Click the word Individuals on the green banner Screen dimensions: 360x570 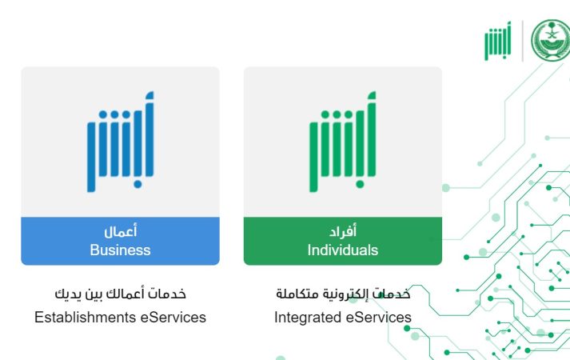pos(342,250)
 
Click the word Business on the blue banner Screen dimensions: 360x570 pos(120,250)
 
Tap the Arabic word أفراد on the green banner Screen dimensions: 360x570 pos(342,233)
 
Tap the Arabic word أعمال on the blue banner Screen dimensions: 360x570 pos(120,233)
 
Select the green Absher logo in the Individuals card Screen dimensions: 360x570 pos(342,142)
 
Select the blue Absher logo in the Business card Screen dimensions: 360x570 pos(120,142)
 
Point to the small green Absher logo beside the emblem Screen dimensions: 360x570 pos(497,42)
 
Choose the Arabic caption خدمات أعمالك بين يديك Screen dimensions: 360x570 pos(120,295)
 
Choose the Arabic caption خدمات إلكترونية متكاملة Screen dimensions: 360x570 pos(342,295)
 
